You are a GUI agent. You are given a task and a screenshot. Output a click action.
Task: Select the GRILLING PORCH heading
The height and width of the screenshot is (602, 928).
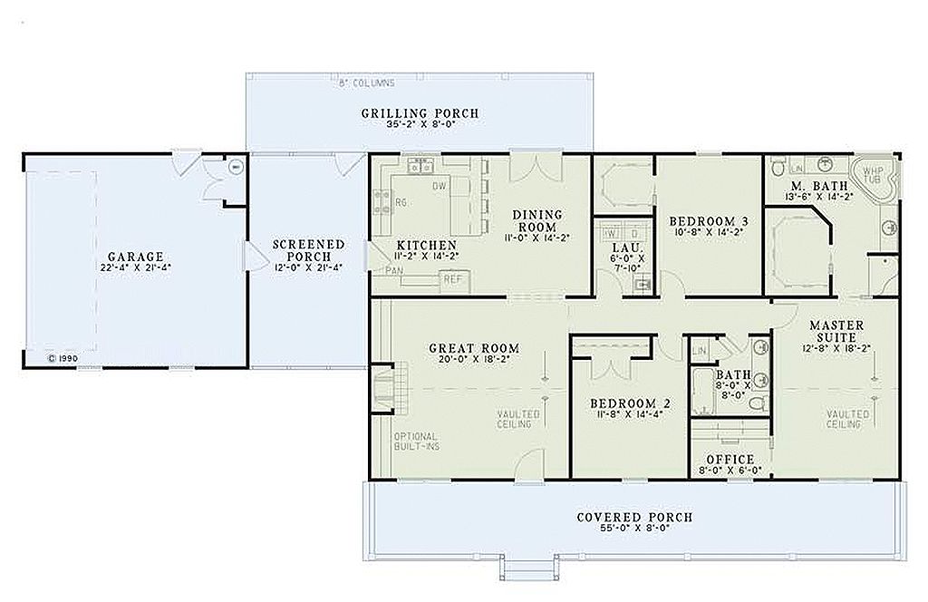[420, 113]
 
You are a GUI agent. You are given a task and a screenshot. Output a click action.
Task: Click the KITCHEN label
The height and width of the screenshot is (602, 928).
[427, 246]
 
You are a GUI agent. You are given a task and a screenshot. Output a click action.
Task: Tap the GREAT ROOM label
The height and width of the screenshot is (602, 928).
[474, 348]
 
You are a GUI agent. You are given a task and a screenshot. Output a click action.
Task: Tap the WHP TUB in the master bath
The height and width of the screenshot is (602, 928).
[872, 175]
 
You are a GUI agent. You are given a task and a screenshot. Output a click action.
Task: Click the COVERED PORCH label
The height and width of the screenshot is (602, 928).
[634, 518]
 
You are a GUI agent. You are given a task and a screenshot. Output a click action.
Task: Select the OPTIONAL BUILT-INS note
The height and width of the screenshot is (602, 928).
[415, 442]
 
